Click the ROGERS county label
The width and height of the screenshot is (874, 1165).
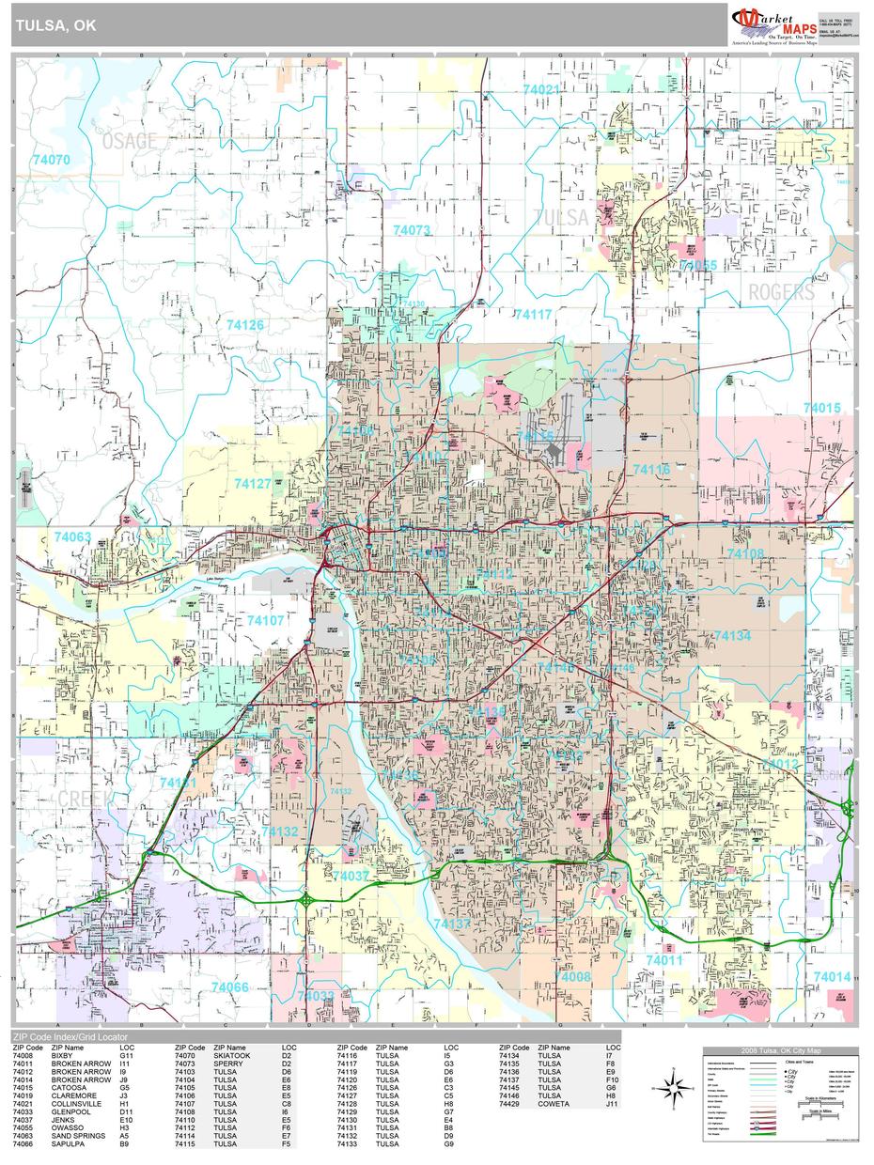781,292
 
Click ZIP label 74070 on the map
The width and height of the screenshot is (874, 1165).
51,160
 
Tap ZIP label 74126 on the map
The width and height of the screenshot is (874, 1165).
244,325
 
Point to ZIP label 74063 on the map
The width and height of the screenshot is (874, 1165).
72,537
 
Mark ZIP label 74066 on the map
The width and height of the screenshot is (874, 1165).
230,986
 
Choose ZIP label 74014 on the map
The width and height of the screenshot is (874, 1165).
832,977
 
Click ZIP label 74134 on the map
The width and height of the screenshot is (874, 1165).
732,636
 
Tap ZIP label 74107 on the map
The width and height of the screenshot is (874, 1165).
265,621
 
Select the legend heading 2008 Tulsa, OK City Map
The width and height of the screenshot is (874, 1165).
780,1050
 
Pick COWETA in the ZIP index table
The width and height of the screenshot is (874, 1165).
554,1104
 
